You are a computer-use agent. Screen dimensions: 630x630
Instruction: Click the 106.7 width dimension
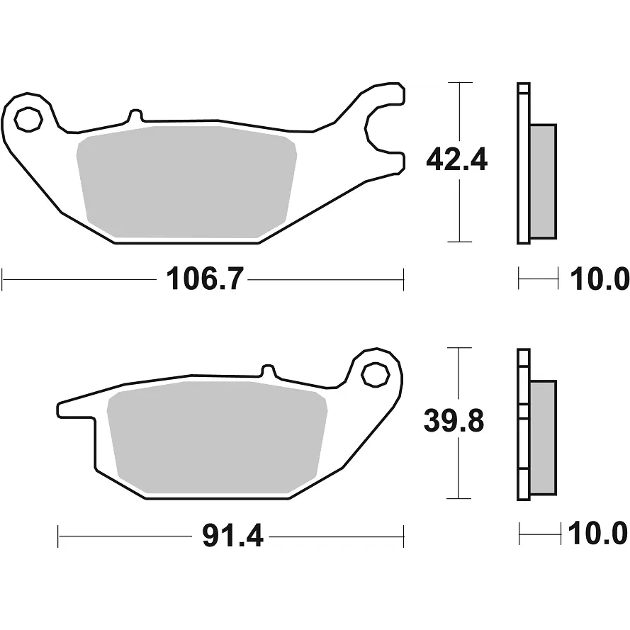(205, 279)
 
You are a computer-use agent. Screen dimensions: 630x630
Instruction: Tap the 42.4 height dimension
(456, 159)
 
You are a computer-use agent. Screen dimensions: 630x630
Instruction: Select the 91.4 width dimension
(232, 536)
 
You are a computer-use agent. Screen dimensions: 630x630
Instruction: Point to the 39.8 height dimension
(454, 421)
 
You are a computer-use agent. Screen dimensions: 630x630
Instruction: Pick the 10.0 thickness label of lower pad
(597, 534)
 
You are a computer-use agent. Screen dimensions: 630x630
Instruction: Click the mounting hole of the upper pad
(28, 119)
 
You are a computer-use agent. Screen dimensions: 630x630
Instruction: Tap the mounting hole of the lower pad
(376, 375)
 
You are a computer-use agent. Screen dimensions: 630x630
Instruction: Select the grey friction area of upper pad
(187, 182)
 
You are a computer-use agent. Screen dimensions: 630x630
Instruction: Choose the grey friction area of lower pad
(218, 437)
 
